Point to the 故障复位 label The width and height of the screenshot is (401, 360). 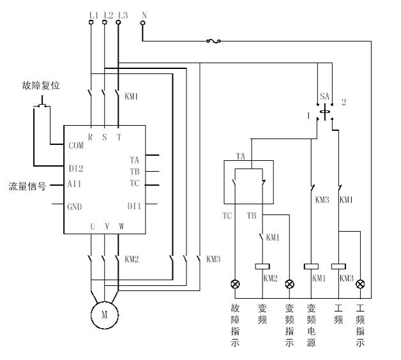[x=41, y=84]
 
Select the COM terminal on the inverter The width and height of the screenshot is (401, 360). [x=75, y=145]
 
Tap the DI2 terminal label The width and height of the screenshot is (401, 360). [x=75, y=168]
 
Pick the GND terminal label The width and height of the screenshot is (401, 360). [x=75, y=207]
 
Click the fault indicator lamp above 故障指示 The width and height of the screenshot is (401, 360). [x=236, y=283]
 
